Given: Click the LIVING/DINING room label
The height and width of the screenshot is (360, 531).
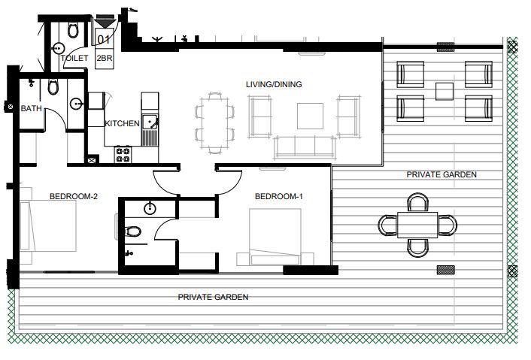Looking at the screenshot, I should point(274,84).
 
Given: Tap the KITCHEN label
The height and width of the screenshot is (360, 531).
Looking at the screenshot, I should point(121,124).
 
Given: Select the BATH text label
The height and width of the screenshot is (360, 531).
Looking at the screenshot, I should point(31,109).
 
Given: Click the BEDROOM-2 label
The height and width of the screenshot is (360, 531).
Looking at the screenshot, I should point(74,197).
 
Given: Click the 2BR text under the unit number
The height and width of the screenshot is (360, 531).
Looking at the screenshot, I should point(105,57).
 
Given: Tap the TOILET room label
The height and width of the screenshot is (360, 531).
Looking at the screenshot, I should point(75,58).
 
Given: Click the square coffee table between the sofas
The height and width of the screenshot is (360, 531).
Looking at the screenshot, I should point(310,116).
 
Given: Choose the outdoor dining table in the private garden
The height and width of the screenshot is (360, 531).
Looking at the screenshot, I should point(417,225).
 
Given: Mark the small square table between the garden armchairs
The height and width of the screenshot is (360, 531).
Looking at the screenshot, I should point(444,91).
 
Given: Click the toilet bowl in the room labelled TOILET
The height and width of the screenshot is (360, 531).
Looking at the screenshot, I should point(73,29).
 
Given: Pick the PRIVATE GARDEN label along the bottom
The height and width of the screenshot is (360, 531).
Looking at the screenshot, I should point(213,297).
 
